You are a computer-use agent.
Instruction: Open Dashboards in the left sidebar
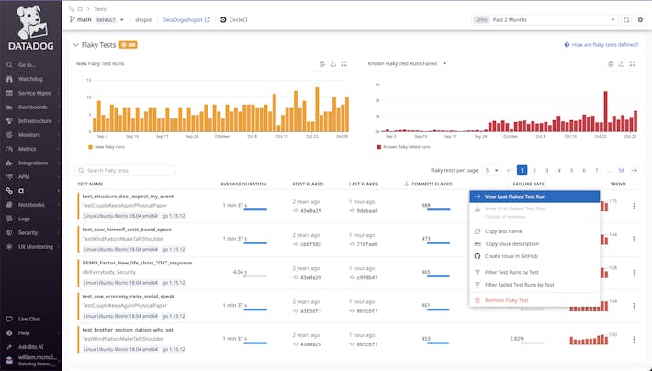(x=33, y=107)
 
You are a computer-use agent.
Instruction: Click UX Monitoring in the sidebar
(x=35, y=246)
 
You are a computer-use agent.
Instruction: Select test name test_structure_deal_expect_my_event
(x=128, y=197)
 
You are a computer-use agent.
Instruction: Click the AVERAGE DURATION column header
(x=243, y=184)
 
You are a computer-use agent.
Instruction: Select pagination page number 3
(x=546, y=170)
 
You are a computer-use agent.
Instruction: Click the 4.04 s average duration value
(x=240, y=272)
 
